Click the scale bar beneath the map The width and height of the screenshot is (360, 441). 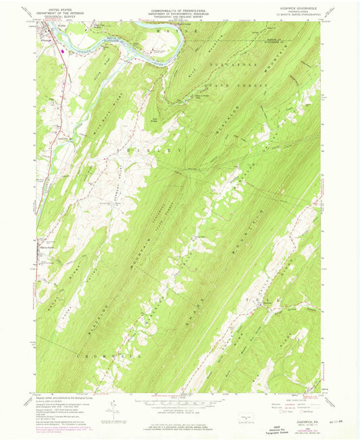179,400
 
